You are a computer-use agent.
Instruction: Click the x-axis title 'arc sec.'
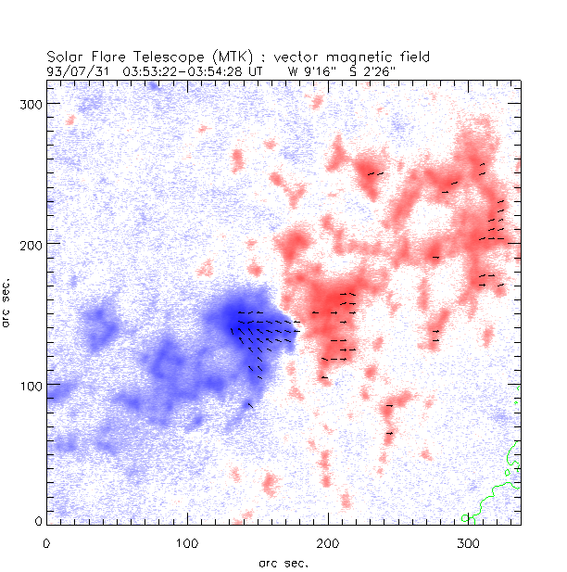click(x=283, y=562)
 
